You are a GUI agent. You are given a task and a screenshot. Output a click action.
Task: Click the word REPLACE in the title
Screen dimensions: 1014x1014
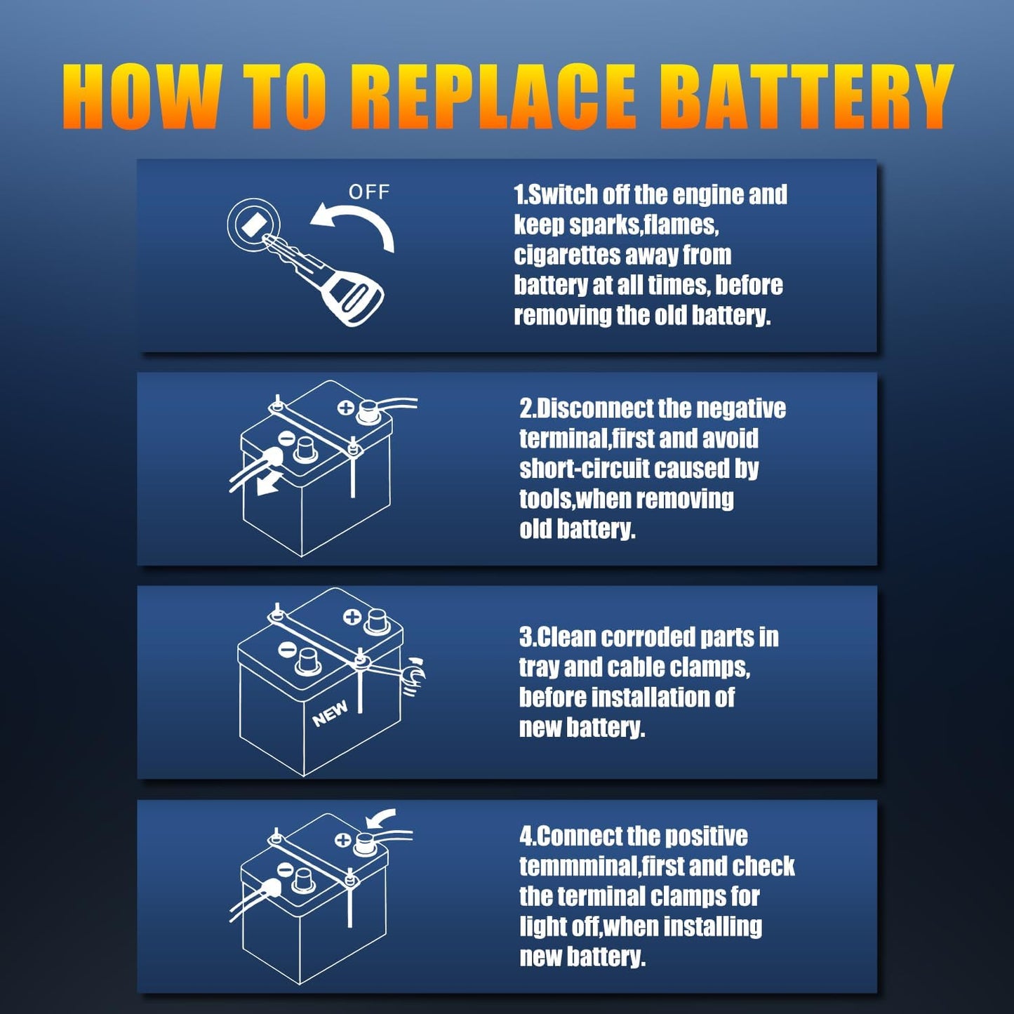pos(502,96)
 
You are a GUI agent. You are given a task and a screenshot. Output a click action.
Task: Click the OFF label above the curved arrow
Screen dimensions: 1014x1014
pos(368,192)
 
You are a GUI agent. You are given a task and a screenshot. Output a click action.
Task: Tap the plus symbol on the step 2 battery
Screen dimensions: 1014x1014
pos(345,407)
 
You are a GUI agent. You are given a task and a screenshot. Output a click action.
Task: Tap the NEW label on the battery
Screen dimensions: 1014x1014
pos(330,714)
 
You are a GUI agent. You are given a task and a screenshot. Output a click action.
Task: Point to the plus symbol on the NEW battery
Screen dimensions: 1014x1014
pos(352,617)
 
